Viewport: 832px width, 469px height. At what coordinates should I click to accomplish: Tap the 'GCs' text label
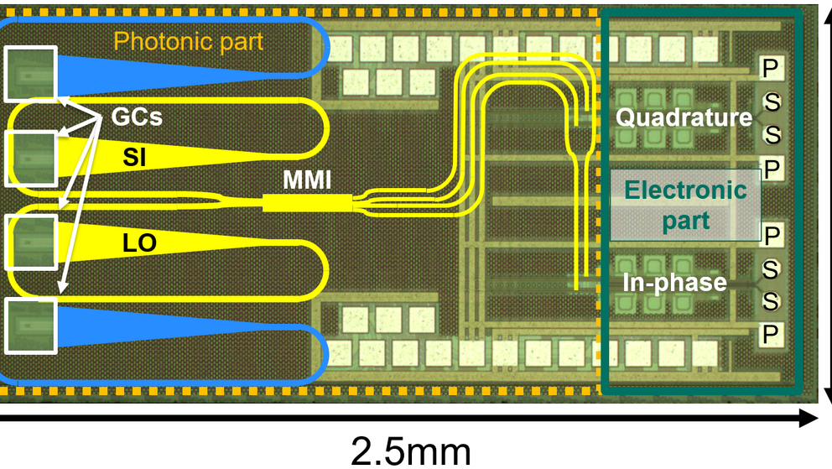tap(135, 117)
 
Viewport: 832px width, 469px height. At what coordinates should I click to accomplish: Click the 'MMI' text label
tap(305, 179)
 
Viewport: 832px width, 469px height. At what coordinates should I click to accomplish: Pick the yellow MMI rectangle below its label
tap(306, 203)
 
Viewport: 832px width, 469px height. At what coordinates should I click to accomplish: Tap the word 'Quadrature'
tap(684, 117)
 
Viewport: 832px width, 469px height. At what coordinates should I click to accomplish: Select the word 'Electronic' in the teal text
tap(685, 190)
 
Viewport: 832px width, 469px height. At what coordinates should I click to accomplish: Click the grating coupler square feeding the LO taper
tap(31, 242)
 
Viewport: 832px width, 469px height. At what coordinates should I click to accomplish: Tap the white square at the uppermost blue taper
tap(31, 73)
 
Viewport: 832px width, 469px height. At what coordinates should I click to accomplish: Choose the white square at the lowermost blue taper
tap(31, 326)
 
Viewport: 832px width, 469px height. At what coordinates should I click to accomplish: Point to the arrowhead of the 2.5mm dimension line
tap(810, 416)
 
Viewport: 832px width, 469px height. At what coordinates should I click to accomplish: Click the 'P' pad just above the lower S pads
tap(771, 232)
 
